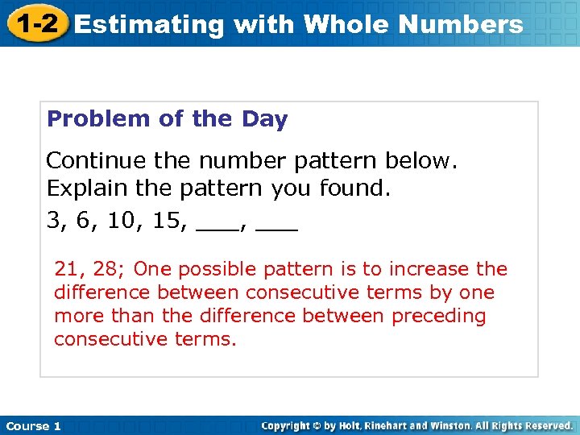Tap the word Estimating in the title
pos(148,25)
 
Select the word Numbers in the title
pos(461,25)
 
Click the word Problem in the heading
pos(99,120)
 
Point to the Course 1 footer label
pos(34,425)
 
